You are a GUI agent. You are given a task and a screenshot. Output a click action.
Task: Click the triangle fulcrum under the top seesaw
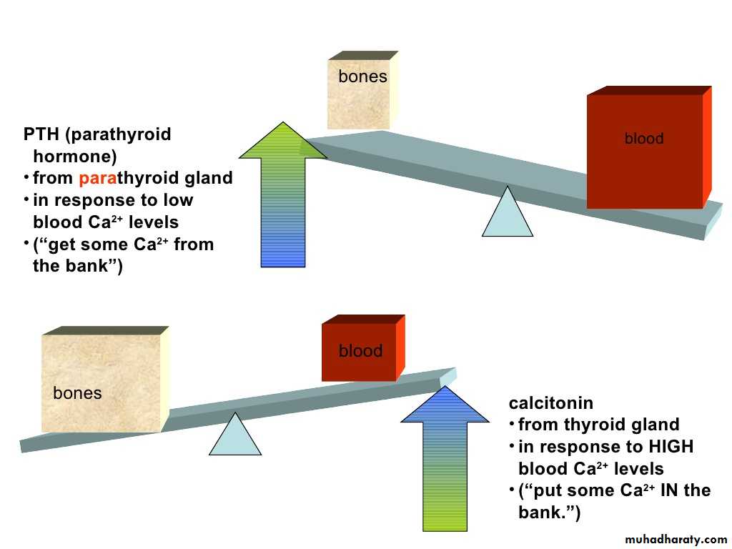[508, 214]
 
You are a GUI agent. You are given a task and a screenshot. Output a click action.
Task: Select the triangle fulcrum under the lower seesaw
[235, 436]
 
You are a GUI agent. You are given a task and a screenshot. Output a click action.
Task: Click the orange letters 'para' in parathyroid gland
[98, 178]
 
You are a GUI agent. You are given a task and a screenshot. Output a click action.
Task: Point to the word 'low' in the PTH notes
[178, 200]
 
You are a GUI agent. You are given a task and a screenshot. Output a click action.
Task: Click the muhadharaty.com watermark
[676, 540]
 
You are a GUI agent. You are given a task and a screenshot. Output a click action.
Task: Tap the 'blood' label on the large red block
[644, 139]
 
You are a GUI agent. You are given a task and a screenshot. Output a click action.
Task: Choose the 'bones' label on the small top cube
[362, 77]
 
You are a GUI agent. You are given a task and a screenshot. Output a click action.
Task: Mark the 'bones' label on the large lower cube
[77, 393]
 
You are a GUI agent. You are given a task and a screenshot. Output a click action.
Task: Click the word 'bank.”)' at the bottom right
[549, 513]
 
